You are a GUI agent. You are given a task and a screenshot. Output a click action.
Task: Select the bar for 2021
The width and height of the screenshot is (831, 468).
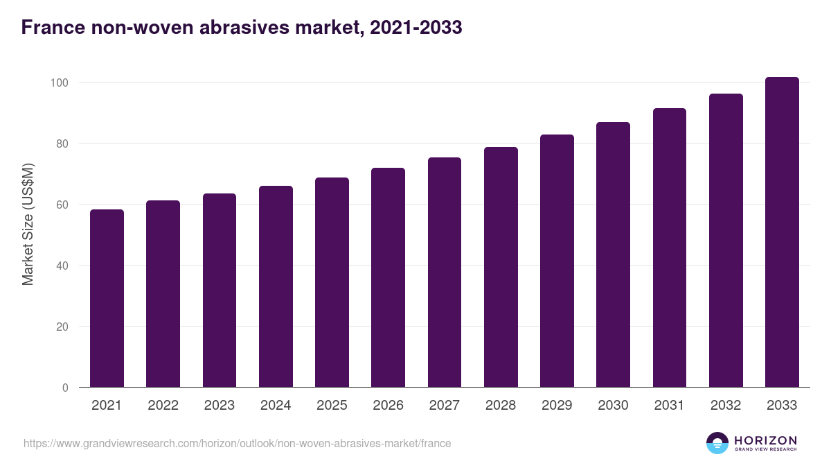(x=107, y=298)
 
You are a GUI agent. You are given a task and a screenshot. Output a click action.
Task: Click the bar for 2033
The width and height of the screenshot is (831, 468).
(x=782, y=232)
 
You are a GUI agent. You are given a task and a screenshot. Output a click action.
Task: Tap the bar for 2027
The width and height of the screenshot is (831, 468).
(x=445, y=272)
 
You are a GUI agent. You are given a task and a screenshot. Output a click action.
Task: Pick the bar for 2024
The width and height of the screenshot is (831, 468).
(x=276, y=286)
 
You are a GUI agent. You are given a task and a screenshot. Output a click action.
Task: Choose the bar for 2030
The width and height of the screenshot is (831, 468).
(x=613, y=254)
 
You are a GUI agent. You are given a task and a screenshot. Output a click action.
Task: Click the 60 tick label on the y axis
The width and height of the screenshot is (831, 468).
(x=62, y=205)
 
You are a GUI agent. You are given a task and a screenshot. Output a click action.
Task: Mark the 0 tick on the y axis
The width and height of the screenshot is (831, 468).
(x=65, y=388)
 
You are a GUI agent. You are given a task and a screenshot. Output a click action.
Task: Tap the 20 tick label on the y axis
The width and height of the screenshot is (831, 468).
(x=62, y=327)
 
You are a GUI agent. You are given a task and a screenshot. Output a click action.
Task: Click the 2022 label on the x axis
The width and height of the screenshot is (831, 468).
(x=163, y=406)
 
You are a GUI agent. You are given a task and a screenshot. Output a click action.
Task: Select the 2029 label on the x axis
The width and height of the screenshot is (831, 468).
(x=557, y=406)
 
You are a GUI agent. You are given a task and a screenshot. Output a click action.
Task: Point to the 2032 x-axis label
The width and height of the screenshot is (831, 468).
(x=726, y=406)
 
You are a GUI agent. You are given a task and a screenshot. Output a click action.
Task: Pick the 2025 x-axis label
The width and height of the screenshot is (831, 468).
(x=332, y=406)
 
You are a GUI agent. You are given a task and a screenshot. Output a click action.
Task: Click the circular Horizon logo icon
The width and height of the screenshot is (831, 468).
(x=717, y=443)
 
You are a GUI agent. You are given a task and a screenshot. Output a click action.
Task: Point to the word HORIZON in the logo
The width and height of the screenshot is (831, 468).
(x=765, y=440)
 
